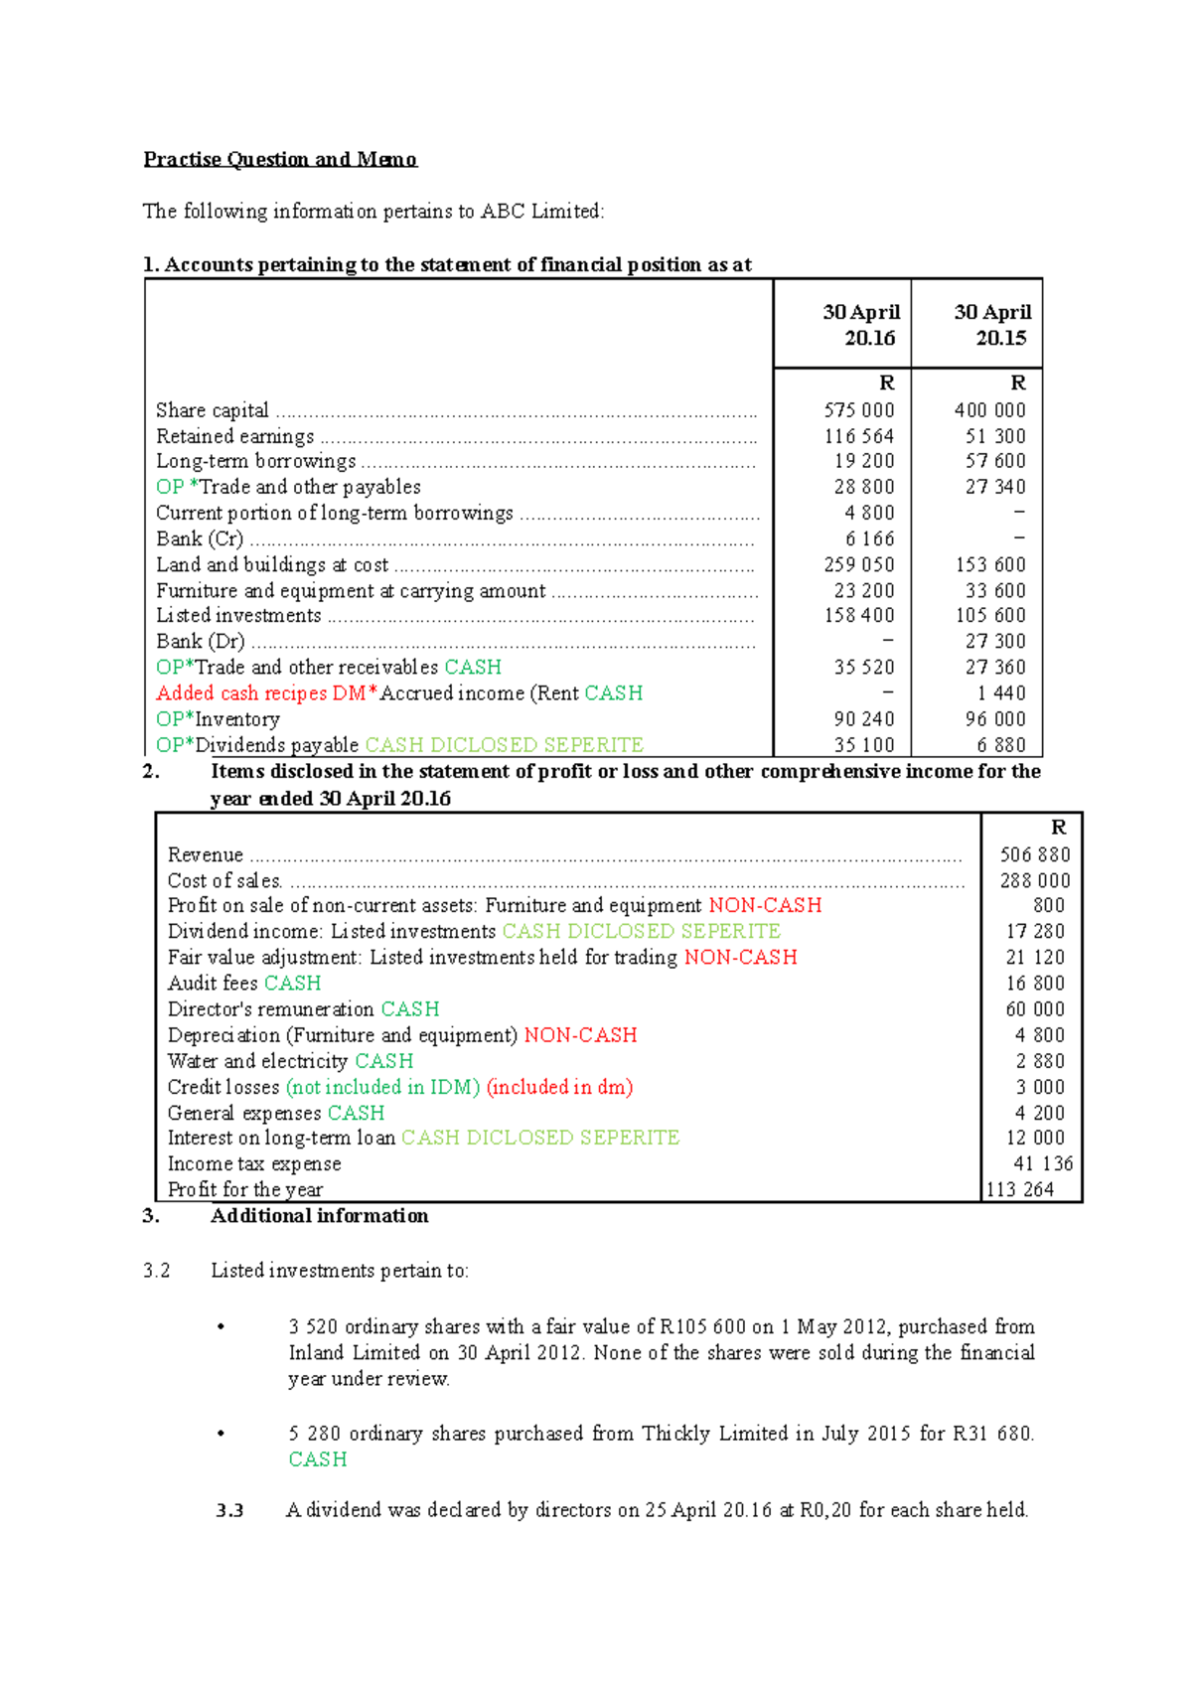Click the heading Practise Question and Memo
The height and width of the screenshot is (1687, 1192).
click(x=280, y=159)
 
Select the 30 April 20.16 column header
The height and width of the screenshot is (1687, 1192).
click(x=861, y=325)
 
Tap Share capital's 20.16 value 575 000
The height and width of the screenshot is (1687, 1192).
click(x=858, y=410)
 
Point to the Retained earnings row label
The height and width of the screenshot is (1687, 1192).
click(x=235, y=436)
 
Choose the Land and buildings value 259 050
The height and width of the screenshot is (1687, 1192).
click(x=858, y=564)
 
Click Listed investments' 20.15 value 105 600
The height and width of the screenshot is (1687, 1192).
click(x=990, y=616)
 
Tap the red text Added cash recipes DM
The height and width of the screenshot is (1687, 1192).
click(x=261, y=693)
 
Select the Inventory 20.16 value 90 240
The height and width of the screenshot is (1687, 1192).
click(x=863, y=719)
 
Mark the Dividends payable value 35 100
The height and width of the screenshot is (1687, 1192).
click(x=863, y=745)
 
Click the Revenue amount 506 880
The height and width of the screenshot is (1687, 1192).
click(x=1035, y=854)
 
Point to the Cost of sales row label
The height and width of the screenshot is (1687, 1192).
click(x=225, y=880)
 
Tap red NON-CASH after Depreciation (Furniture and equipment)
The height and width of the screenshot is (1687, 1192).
click(x=580, y=1035)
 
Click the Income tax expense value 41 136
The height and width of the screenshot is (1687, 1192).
click(x=1042, y=1163)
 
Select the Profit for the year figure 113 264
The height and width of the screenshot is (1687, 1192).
click(x=1020, y=1189)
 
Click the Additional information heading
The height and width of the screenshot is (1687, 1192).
click(x=319, y=1216)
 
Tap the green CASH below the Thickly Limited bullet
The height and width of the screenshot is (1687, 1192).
click(x=318, y=1459)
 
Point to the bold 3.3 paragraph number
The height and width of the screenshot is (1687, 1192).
click(x=229, y=1510)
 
